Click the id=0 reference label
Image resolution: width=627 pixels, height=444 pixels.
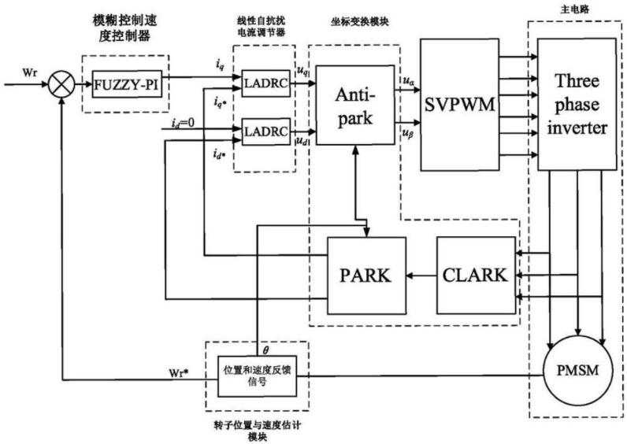click(184, 123)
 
